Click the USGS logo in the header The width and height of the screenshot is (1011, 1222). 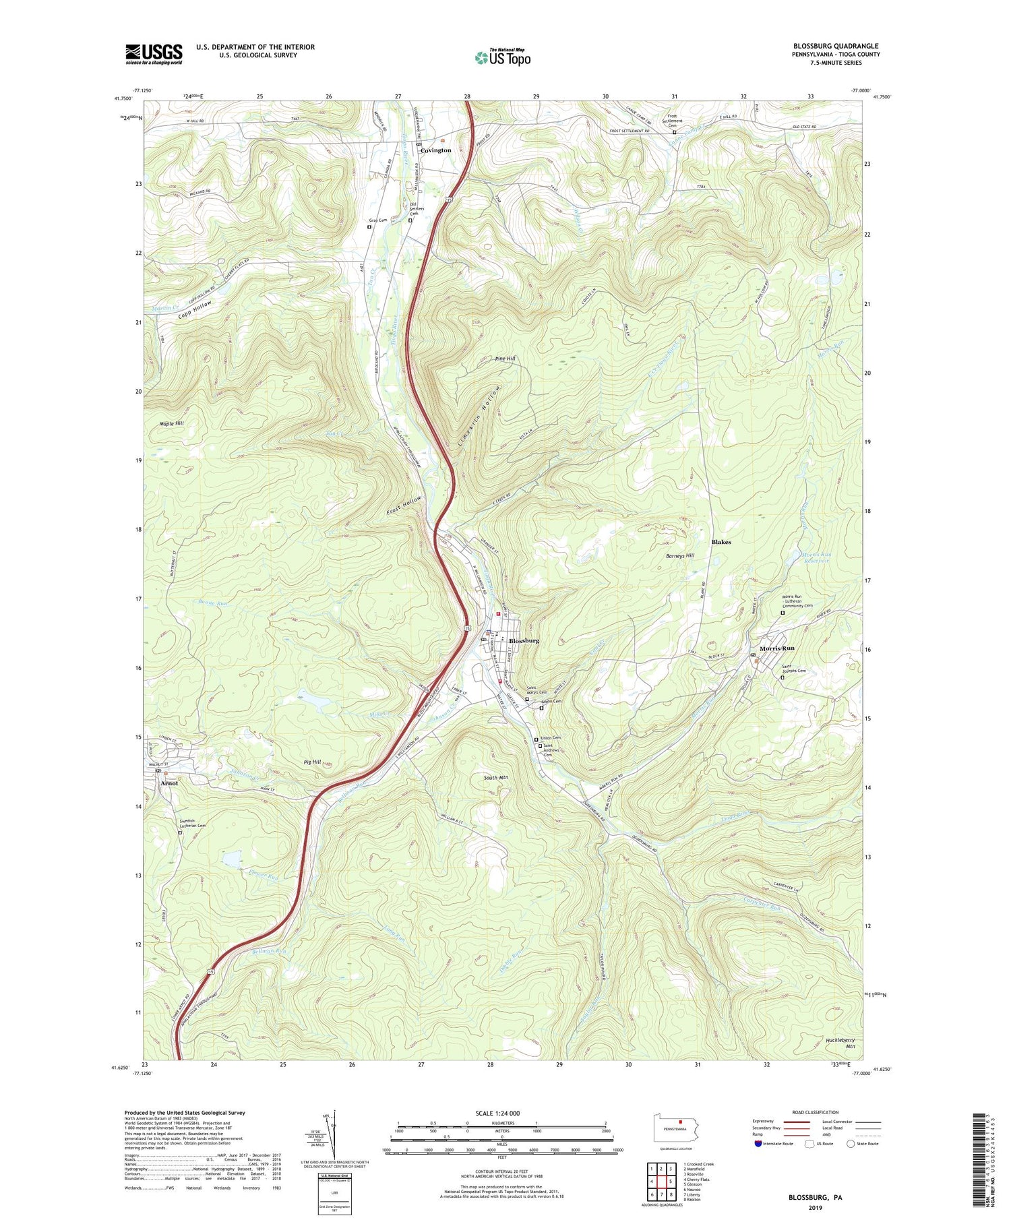pos(154,54)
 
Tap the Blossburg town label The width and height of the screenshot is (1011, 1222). pos(524,640)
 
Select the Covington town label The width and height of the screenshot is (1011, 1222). pos(435,150)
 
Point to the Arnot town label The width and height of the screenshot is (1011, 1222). pos(169,783)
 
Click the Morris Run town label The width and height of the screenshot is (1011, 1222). pos(776,648)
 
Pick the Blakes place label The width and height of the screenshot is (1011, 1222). pos(721,542)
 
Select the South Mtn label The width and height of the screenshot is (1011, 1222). pos(495,778)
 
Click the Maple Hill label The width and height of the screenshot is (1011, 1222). pos(171,424)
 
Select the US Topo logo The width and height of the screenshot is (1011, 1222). pos(502,58)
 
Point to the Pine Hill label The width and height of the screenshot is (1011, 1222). pos(505,359)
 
